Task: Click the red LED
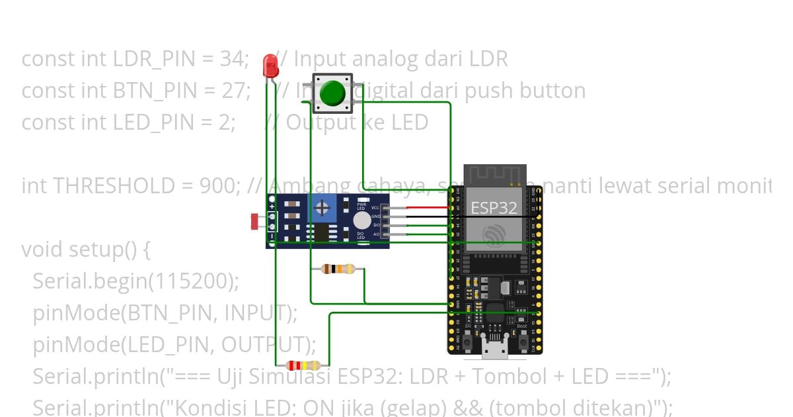270,66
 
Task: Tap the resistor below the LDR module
338,269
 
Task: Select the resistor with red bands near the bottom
303,365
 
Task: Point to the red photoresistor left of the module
254,222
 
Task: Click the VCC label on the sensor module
375,208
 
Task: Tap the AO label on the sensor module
376,234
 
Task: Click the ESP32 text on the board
493,207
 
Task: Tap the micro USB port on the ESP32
494,349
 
